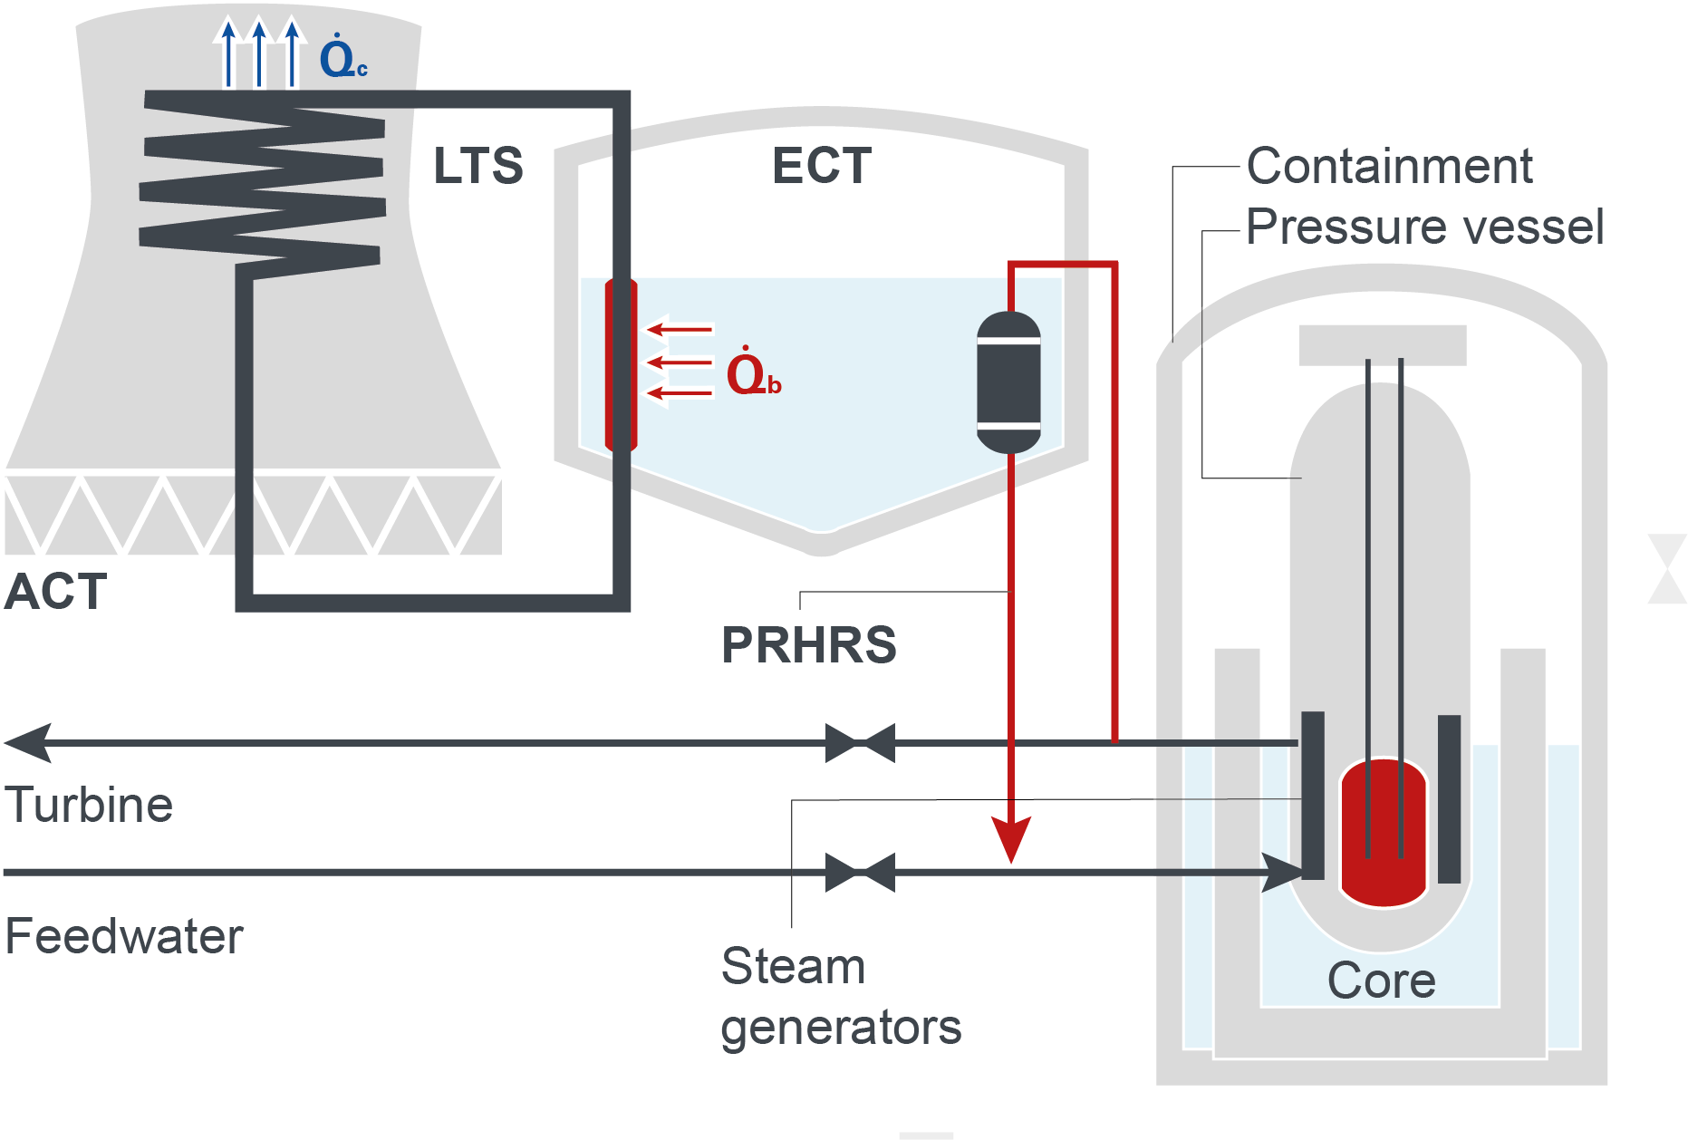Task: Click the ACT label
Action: coord(56,592)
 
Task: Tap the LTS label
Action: coord(478,166)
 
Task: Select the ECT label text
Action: coord(822,166)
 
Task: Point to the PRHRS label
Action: coord(808,645)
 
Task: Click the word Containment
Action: coord(1389,166)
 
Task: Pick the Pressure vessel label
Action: coord(1424,227)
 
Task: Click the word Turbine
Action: coord(89,805)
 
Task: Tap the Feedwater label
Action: coord(124,936)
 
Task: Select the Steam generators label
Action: coord(841,997)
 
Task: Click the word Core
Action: coord(1382,981)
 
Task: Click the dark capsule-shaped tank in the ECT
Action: coord(1008,382)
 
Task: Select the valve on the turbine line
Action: coord(860,743)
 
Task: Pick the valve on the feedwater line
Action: coord(860,873)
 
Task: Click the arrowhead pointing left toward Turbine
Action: coord(28,743)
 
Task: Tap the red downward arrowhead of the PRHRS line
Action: coord(1011,839)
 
